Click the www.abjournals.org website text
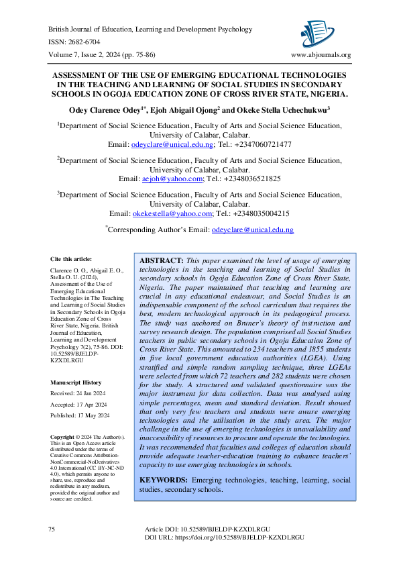[321, 55]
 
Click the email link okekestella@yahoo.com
[172, 213]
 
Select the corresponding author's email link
[252, 229]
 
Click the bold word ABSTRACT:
[161, 260]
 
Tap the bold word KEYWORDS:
[163, 480]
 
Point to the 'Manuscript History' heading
[76, 382]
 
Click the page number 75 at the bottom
[52, 530]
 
